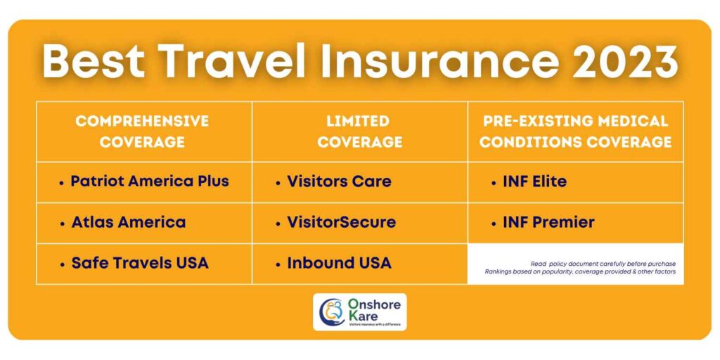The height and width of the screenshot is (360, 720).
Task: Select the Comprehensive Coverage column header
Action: [142, 131]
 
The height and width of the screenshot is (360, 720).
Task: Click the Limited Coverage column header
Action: [359, 131]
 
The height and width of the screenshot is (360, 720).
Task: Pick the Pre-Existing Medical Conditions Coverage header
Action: [575, 131]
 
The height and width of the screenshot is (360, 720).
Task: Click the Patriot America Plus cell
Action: [149, 181]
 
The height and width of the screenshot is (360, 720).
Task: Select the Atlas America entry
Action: [128, 222]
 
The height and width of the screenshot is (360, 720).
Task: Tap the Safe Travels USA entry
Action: [139, 263]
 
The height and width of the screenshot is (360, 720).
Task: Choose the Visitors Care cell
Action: [339, 181]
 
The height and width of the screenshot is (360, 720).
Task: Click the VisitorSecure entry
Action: [341, 222]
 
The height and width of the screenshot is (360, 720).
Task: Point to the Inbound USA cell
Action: [339, 263]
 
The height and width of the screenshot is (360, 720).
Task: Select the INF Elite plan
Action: [534, 181]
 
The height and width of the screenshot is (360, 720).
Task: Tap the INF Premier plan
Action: [548, 222]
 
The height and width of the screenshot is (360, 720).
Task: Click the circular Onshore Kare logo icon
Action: [330, 311]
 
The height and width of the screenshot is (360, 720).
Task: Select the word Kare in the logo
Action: [362, 316]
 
